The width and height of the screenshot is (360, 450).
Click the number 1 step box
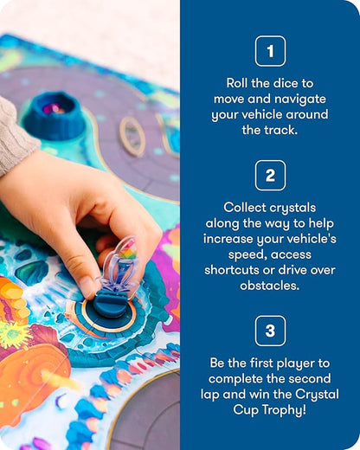point(270,51)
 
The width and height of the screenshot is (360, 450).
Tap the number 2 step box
point(270,176)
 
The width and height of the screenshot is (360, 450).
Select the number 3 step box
point(270,331)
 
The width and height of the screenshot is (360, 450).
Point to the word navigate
point(300,100)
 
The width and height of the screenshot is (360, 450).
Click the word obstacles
point(270,286)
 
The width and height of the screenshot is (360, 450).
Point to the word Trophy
point(286,410)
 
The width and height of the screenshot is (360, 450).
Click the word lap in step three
point(210,395)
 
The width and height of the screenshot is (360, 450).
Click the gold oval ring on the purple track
point(132,137)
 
